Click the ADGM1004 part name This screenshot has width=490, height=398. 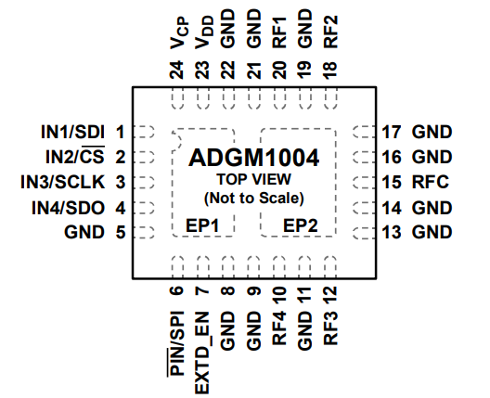pyautogui.click(x=253, y=159)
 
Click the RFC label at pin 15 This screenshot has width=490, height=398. pyautogui.click(x=432, y=182)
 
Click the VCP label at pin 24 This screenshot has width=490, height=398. pyautogui.click(x=177, y=38)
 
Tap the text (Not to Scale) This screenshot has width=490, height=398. pyautogui.click(x=253, y=199)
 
